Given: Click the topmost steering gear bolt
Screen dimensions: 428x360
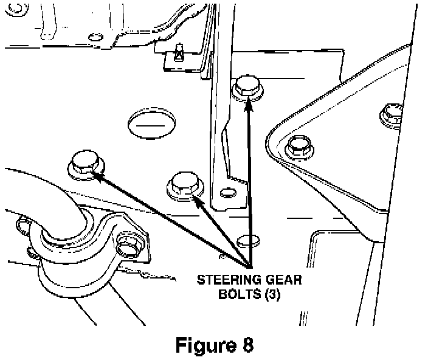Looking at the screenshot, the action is (x=247, y=86).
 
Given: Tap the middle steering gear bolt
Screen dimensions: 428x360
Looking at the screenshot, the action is (x=184, y=184).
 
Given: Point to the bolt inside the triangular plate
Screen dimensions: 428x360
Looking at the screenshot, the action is (x=299, y=145).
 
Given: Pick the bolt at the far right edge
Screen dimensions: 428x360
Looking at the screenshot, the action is (x=390, y=113).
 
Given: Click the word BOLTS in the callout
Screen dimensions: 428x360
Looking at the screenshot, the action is (x=238, y=296).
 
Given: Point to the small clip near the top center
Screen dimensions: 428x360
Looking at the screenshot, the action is (x=178, y=52).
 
